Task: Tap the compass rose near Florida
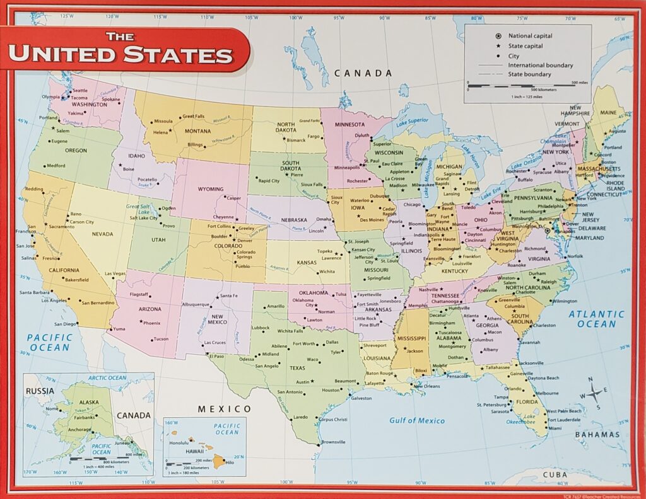[595, 394]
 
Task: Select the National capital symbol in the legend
[498, 36]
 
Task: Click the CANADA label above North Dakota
[363, 73]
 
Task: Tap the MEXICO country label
[220, 409]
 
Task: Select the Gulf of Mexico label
[416, 420]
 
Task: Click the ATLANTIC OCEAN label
[596, 319]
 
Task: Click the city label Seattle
[80, 91]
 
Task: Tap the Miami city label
[555, 428]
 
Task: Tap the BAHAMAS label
[597, 434]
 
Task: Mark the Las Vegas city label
[115, 273]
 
